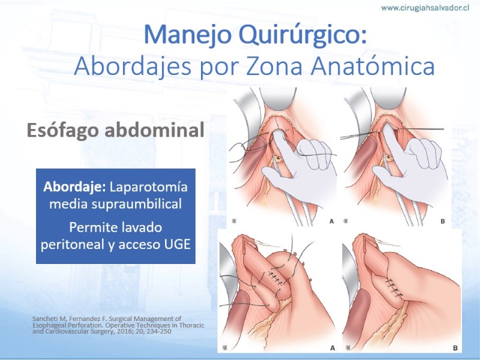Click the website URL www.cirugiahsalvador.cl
click(425, 8)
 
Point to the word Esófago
click(63, 130)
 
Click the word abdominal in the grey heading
click(155, 130)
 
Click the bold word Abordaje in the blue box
click(74, 187)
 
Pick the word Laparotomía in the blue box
click(148, 187)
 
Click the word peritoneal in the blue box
click(73, 245)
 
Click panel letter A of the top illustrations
click(331, 221)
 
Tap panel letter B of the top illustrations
click(442, 221)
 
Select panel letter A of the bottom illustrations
click(332, 348)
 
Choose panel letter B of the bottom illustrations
click(455, 348)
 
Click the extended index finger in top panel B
click(394, 143)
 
